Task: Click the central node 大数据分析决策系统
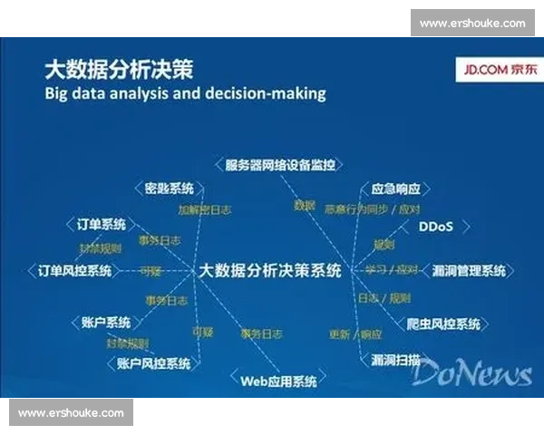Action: click(270, 270)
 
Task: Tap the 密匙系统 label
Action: click(170, 188)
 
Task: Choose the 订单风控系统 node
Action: click(75, 271)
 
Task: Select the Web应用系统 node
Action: click(279, 381)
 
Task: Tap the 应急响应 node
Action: click(396, 189)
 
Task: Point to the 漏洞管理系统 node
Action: click(469, 271)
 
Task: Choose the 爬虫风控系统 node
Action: click(443, 324)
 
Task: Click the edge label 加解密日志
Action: click(204, 209)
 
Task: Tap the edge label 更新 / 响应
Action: click(356, 333)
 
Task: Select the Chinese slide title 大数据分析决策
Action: click(119, 68)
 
